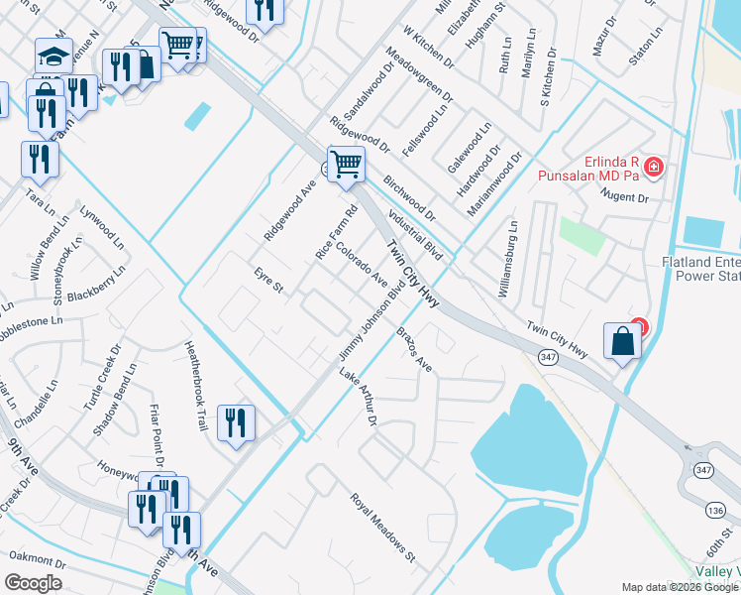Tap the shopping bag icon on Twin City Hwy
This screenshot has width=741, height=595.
pyautogui.click(x=621, y=340)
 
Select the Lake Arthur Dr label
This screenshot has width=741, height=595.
pyautogui.click(x=359, y=396)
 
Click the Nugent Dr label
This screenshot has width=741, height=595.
pyautogui.click(x=628, y=198)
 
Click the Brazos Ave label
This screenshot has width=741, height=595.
pyautogui.click(x=415, y=349)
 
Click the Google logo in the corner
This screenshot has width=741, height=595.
pyautogui.click(x=34, y=583)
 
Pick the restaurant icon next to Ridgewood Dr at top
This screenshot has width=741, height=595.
pyautogui.click(x=265, y=11)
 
